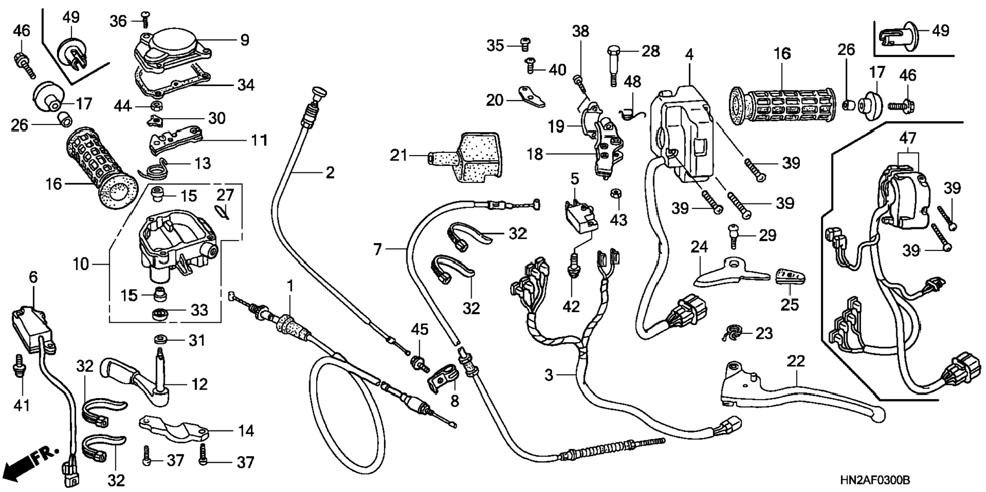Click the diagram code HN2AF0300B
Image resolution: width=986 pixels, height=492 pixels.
(x=875, y=480)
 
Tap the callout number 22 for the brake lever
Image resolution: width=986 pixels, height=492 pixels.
(x=795, y=361)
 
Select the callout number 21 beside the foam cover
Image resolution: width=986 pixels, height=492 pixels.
(x=399, y=154)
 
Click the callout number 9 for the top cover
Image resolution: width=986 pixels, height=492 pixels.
(x=245, y=40)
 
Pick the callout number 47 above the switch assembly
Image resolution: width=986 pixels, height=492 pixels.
(x=907, y=138)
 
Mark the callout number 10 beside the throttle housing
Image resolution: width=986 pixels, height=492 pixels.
(x=81, y=264)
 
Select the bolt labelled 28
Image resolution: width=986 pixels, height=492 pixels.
(x=614, y=64)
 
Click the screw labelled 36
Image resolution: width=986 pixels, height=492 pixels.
(x=145, y=19)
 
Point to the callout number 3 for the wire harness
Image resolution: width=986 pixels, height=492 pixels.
(x=549, y=375)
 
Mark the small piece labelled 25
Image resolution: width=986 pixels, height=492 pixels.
(x=790, y=276)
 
